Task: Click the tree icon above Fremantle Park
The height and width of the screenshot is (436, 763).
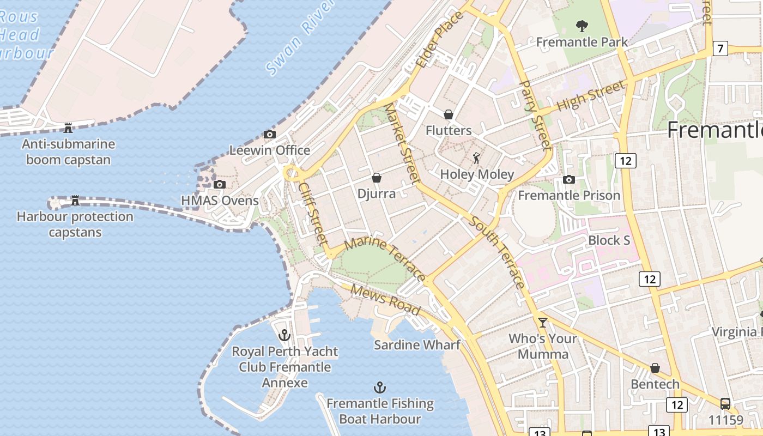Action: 582,26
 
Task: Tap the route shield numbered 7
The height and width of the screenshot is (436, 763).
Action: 720,49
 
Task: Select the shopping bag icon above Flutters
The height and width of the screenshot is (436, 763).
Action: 448,114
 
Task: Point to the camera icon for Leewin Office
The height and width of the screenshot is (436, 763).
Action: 269,134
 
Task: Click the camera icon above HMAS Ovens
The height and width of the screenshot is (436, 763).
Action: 220,184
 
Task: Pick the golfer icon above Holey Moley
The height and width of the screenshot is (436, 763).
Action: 477,158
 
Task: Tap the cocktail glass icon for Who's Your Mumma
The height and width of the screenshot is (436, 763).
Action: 542,322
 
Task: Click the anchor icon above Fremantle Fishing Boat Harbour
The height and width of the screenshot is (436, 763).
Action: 379,387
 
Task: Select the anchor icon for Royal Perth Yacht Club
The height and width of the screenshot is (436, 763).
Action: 284,335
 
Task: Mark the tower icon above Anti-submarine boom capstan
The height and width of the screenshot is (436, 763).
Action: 68,128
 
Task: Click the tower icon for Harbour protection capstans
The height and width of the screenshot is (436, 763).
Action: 75,201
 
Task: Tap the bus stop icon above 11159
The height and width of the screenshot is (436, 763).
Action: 725,404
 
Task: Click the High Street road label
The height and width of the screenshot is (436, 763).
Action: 591,97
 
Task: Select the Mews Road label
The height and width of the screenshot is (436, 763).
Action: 385,300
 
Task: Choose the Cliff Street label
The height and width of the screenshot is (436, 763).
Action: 313,212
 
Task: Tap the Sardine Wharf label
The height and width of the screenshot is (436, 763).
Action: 417,345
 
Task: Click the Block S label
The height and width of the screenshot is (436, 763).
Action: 609,240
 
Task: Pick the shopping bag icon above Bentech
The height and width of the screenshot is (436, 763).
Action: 655,368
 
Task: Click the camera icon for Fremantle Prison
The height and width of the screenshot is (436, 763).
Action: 569,179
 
